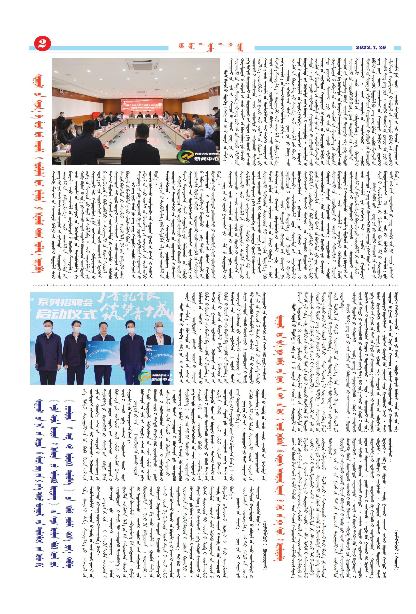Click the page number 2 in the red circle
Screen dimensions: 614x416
pyautogui.click(x=42, y=44)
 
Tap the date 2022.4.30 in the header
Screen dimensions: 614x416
pyautogui.click(x=371, y=48)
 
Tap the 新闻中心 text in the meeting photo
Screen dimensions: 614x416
pyautogui.click(x=206, y=159)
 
